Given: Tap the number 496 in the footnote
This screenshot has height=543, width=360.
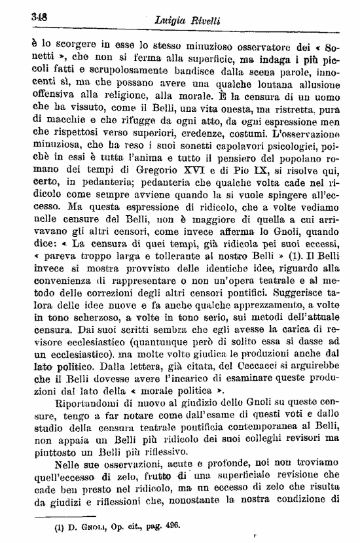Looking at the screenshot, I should (x=168, y=525).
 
